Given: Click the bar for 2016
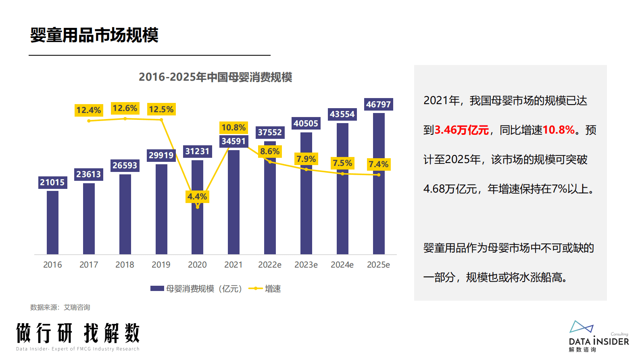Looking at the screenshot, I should pos(52,222).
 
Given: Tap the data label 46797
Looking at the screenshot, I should pos(378,105).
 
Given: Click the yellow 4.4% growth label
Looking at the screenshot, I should pos(197,197).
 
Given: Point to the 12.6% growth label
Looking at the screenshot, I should pos(125,108).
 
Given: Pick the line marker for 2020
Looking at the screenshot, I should pos(198,207).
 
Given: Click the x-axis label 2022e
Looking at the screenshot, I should pos(270,265).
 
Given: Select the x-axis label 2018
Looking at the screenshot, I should pos(125,265).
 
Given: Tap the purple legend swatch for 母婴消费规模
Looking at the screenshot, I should pos(157,289).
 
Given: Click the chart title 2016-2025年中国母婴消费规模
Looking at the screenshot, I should pos(215,77).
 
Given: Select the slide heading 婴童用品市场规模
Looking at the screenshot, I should pos(94,35).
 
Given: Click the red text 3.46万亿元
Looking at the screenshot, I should pos(462,130).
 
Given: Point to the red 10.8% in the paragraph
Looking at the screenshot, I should pos(559,130).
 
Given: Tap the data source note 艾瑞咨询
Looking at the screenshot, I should pos(77,308).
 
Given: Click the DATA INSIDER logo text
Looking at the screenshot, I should pos(599,341).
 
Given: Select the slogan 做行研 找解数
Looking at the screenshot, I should pos(78,333).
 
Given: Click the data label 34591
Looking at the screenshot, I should pos(233,141).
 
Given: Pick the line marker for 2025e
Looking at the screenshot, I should pos(379,175).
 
